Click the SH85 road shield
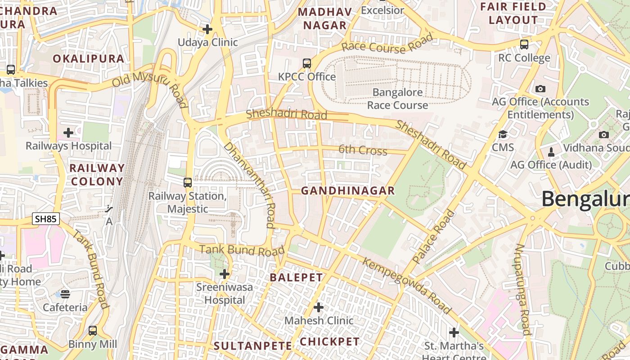[46, 219]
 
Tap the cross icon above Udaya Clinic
[207, 30]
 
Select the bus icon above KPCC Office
[307, 63]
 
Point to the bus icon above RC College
[524, 45]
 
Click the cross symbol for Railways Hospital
[68, 133]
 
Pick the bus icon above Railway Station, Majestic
[188, 183]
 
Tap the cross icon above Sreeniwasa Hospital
[225, 274]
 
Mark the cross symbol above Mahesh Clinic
[319, 307]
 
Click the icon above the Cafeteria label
[65, 294]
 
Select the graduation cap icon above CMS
[503, 134]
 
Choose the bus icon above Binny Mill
[93, 331]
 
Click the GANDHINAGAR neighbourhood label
[348, 191]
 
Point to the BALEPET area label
[297, 278]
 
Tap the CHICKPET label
[330, 342]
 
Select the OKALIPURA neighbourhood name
[89, 58]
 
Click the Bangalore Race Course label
[398, 99]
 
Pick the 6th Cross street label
[363, 150]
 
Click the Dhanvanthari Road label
[249, 185]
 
